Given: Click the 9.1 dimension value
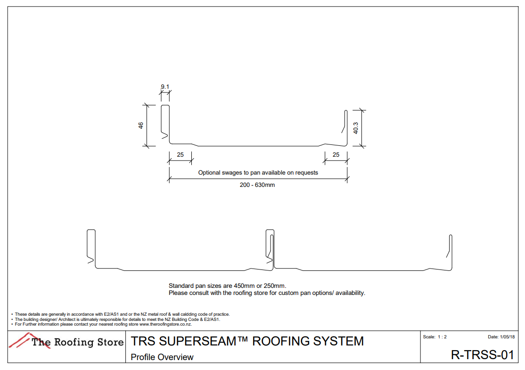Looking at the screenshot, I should point(165,87).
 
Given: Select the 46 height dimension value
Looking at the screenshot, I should point(140,126).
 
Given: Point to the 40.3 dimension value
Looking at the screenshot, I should point(356,128).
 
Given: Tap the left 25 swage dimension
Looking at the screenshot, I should point(180,155).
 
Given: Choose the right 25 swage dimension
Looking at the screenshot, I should point(336,155).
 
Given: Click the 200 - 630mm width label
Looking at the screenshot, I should point(257,185).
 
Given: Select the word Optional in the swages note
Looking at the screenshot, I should point(209,173).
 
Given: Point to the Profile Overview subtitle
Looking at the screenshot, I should point(162,357).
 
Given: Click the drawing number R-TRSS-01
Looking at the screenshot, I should point(482,355).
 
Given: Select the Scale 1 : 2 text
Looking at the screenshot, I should point(435,337).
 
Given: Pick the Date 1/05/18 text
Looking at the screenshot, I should point(501,337).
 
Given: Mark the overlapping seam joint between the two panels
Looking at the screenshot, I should point(270,250).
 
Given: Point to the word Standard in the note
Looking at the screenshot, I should point(180,286).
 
